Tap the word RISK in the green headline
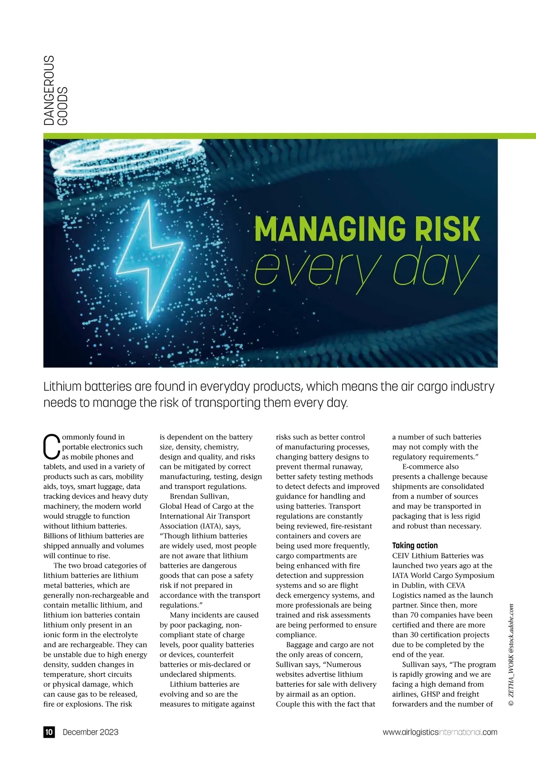(x=447, y=229)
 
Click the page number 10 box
(x=49, y=732)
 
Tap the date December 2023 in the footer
(x=91, y=732)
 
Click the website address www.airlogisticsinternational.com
(x=440, y=732)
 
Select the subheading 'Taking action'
(x=415, y=545)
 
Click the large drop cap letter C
(x=51, y=447)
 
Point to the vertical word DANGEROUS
(x=49, y=90)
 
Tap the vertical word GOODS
(x=63, y=106)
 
